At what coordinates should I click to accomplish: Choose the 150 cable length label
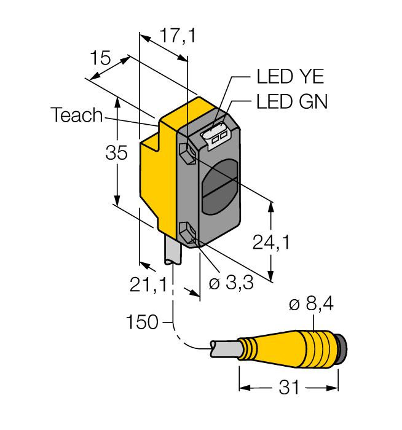pos(141,321)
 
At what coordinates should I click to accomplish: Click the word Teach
pos(77,115)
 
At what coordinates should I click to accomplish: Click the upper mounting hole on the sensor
pos(188,149)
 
